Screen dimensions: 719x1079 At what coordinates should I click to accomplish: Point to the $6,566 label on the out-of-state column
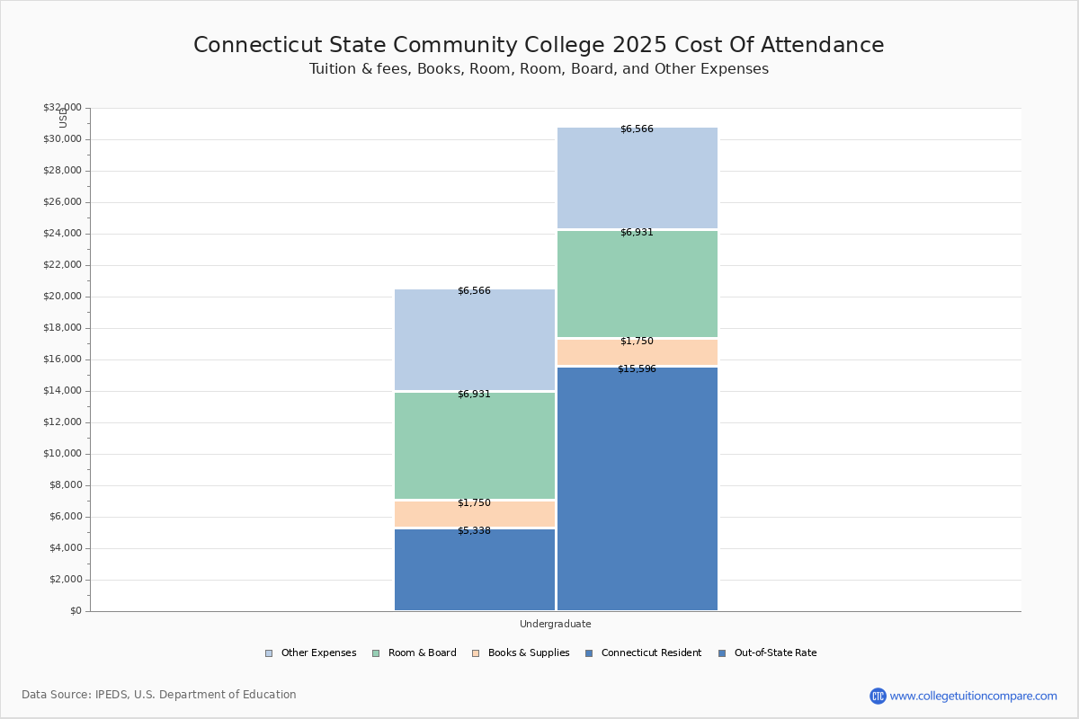pyautogui.click(x=637, y=129)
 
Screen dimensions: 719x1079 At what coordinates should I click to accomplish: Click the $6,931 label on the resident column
pyautogui.click(x=474, y=395)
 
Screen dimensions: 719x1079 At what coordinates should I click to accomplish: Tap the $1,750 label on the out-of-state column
pyautogui.click(x=637, y=342)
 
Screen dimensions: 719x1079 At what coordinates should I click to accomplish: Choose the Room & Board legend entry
pyautogui.click(x=421, y=653)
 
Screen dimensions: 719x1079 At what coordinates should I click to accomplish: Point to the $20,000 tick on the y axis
pyautogui.click(x=63, y=297)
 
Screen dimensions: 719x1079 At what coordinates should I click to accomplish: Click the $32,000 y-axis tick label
pyautogui.click(x=63, y=108)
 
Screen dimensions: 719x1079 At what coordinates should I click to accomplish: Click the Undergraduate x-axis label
pyautogui.click(x=555, y=624)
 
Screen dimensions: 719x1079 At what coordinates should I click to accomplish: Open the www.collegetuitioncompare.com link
pyautogui.click(x=973, y=696)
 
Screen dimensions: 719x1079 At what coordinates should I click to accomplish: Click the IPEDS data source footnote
pyautogui.click(x=159, y=695)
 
